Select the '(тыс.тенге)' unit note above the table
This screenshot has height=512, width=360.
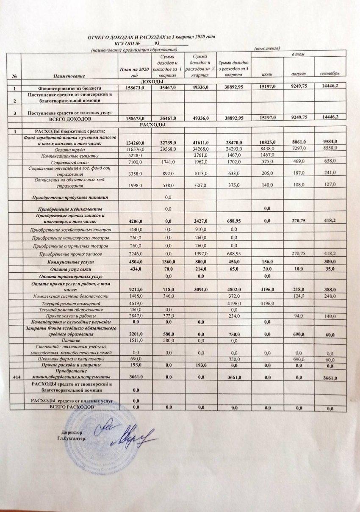267,49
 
